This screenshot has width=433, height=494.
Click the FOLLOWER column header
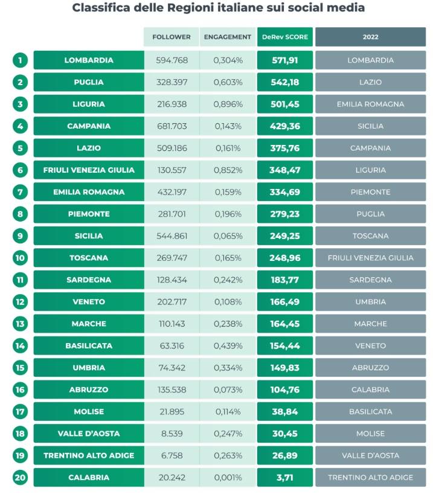coord(172,37)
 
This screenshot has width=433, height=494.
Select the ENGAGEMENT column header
coord(228,37)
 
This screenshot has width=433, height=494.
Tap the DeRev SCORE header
coord(285,37)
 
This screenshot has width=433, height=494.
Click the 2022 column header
coord(371,37)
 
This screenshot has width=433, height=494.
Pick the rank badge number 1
coord(20,60)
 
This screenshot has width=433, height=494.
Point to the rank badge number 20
coord(20,477)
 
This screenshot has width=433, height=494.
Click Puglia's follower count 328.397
coord(172,82)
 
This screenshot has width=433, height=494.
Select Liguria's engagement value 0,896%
coord(228,104)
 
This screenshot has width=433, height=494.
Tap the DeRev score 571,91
coord(285,60)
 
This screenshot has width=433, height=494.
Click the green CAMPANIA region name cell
coord(89,126)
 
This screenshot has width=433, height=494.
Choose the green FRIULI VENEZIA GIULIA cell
coord(89,170)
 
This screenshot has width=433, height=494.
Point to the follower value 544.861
coord(172,236)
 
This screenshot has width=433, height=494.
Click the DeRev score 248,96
coord(285,258)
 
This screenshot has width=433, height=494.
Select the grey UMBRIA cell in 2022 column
coord(371,302)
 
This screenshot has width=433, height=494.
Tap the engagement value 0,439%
coord(228,345)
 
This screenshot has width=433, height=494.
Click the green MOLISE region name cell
coord(89,411)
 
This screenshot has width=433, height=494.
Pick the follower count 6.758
coord(172,455)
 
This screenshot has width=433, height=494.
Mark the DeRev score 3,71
coord(285,477)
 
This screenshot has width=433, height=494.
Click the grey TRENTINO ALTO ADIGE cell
coord(371,477)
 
